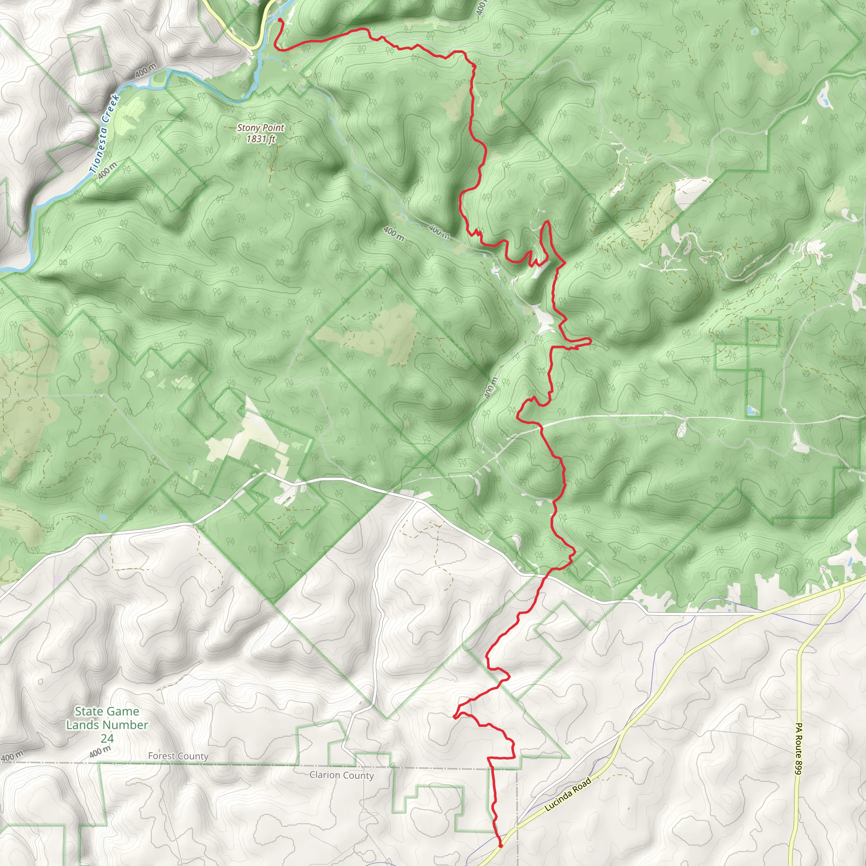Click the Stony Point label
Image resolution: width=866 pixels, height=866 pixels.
(x=260, y=128)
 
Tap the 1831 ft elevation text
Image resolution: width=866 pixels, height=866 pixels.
(x=260, y=139)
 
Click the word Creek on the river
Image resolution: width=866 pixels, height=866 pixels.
(x=110, y=107)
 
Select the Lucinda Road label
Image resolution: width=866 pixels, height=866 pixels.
(x=568, y=794)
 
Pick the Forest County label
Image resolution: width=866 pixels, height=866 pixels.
(x=178, y=756)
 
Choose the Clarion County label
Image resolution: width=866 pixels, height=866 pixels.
(x=342, y=775)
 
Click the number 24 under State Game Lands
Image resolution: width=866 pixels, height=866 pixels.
(x=107, y=738)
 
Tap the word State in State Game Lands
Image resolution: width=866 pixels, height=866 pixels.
(x=88, y=711)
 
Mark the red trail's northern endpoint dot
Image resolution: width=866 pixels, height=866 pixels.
(x=280, y=20)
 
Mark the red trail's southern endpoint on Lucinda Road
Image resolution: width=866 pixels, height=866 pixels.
(x=500, y=846)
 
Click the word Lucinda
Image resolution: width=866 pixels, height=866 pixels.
(x=559, y=800)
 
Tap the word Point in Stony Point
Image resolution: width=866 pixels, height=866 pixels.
(x=271, y=128)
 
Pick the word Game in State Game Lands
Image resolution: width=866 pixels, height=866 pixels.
(x=121, y=711)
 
